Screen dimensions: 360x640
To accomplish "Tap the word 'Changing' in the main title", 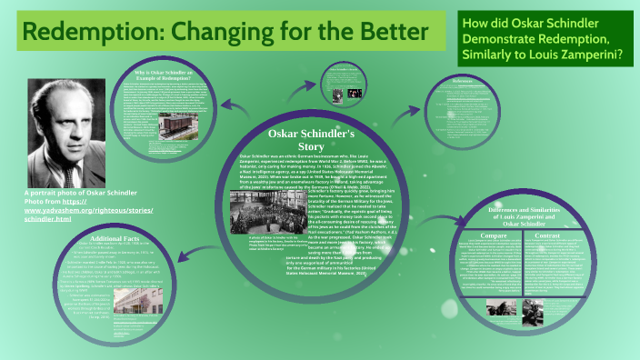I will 240,33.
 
